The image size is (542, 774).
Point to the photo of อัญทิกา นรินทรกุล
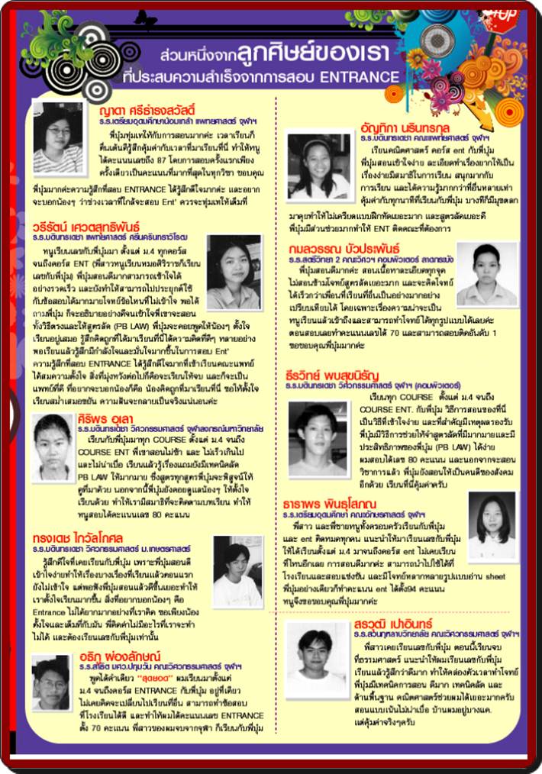318,166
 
